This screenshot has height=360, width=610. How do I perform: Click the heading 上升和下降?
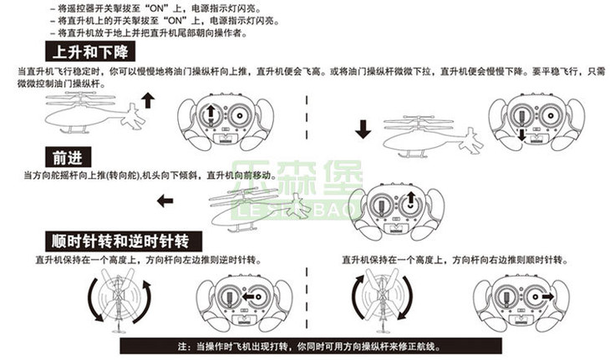click(x=90, y=52)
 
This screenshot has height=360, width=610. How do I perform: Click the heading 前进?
click(x=68, y=158)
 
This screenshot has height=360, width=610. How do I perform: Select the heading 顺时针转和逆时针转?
click(x=124, y=241)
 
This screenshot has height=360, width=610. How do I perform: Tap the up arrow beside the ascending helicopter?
click(x=148, y=100)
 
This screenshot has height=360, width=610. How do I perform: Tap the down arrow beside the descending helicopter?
click(x=363, y=129)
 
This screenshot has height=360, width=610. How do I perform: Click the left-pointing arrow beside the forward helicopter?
click(x=165, y=201)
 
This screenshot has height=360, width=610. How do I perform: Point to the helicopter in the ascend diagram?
click(x=95, y=113)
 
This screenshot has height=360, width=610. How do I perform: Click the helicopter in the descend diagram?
click(x=433, y=137)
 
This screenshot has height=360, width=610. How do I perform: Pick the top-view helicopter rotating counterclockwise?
click(x=119, y=300)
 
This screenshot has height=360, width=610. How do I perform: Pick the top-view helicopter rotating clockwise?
click(x=384, y=300)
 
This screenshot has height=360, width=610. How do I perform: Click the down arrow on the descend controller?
click(x=522, y=135)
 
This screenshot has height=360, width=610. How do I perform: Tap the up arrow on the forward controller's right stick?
click(x=410, y=198)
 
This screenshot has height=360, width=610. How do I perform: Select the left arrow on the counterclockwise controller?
click(x=248, y=297)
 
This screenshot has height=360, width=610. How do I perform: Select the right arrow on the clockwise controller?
click(x=548, y=297)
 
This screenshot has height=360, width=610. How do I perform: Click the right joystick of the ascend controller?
click(x=239, y=115)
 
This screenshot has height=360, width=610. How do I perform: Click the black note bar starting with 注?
click(x=311, y=346)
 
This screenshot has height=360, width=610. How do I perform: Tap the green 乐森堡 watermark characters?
click(x=297, y=178)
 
